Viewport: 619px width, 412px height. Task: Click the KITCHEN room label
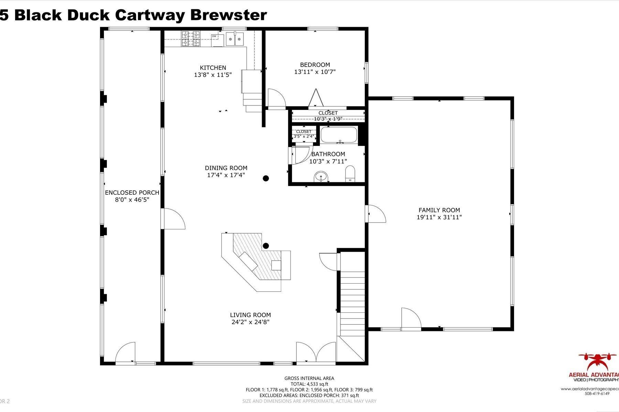point(213,68)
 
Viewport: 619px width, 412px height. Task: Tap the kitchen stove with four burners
point(191,38)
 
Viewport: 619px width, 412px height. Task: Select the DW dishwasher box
point(214,36)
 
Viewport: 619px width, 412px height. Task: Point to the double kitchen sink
point(235,38)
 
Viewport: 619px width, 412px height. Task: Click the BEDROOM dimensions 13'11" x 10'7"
point(315,72)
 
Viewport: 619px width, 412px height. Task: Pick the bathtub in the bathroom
point(339,135)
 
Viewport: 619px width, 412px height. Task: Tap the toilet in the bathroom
point(350,174)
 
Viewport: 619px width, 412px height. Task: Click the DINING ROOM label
point(226,168)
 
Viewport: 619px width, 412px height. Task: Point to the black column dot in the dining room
point(266,178)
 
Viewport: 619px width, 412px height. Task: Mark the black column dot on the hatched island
point(266,246)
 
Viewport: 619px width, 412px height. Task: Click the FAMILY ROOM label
point(439,210)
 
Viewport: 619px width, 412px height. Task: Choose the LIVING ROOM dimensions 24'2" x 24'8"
point(250,322)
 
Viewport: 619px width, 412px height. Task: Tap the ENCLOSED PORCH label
point(132,193)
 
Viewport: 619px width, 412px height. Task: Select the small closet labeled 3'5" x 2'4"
point(303,134)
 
